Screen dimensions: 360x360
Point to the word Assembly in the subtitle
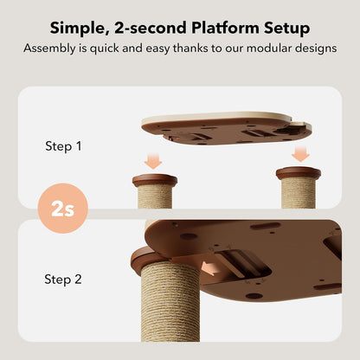(49, 48)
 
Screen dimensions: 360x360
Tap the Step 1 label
(63, 146)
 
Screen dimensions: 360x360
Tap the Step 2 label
(63, 279)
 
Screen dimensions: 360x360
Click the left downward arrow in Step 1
(153, 161)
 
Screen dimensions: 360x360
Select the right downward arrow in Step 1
(299, 154)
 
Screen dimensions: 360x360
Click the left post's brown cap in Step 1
(154, 181)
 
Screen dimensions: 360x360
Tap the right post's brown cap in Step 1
(298, 172)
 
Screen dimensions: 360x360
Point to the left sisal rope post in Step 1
(154, 198)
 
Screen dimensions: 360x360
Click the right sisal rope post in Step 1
(298, 193)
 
